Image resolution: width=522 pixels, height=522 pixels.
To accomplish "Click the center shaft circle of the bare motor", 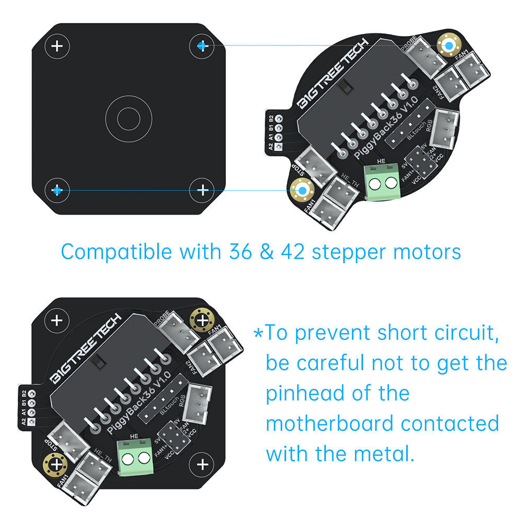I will pyautogui.click(x=128, y=119).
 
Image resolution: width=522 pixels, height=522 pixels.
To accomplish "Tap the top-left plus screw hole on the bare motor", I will pyautogui.click(x=57, y=46).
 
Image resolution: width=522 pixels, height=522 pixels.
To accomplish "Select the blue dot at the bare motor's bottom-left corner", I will pyautogui.click(x=57, y=191).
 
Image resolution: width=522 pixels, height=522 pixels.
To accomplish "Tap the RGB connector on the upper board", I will pyautogui.click(x=445, y=125).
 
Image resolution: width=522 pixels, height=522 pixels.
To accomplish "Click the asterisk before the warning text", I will pyautogui.click(x=258, y=333).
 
